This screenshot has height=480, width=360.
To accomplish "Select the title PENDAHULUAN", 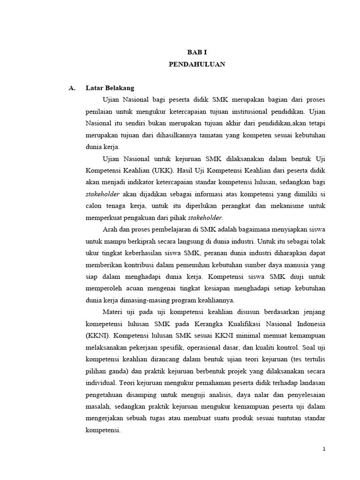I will (x=197, y=65).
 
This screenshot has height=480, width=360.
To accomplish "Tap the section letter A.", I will (x=72, y=88).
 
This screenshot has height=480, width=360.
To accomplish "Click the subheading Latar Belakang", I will (x=110, y=88).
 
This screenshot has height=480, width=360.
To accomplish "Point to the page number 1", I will (x=323, y=449).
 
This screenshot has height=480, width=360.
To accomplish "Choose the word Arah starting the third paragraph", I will (x=110, y=229).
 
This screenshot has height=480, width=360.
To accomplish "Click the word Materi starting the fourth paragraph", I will (x=113, y=312).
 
